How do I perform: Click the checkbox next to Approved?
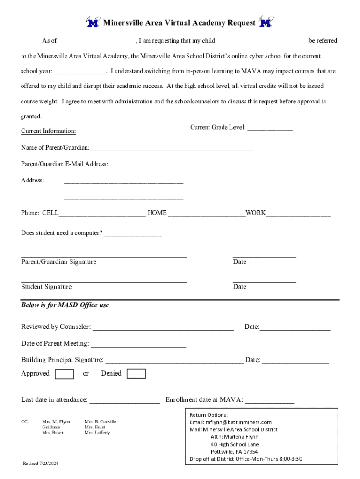point(64,374)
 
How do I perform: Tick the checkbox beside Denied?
point(136,374)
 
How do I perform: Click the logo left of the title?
point(93,22)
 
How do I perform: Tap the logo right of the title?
point(266,22)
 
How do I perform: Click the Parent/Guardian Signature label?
point(59,262)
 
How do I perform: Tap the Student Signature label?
point(46,287)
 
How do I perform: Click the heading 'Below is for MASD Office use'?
point(65,305)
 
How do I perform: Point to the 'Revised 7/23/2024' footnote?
point(41,463)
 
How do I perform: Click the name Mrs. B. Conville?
point(100,421)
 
